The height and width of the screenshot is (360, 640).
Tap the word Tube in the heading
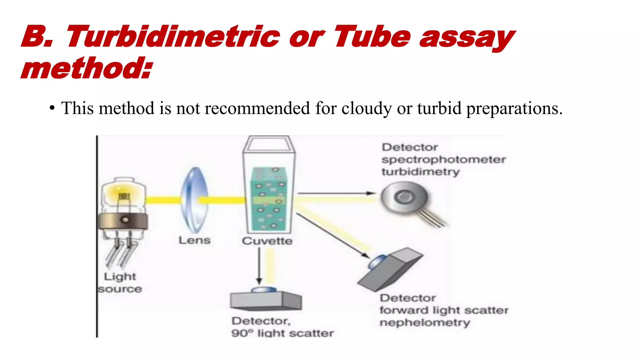(x=372, y=37)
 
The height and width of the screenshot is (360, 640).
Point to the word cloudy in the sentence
(x=366, y=108)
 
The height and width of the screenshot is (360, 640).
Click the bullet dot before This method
(x=52, y=108)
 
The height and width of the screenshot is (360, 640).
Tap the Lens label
(x=194, y=240)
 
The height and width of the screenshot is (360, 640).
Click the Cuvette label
(x=267, y=241)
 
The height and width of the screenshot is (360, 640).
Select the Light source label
(x=120, y=283)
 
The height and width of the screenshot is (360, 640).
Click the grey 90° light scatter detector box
(x=266, y=301)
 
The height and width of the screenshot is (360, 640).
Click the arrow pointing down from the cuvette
(x=259, y=266)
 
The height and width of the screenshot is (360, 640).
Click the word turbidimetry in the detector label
(x=421, y=172)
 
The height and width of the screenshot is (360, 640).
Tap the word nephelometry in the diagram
(x=425, y=322)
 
